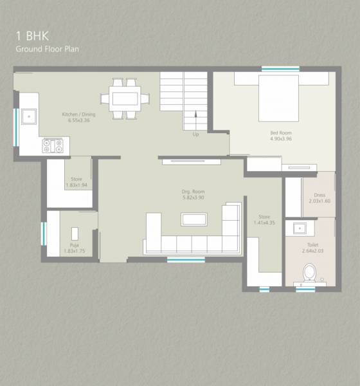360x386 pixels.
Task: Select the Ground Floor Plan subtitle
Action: click(x=47, y=49)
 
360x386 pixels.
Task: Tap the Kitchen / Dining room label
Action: click(x=78, y=115)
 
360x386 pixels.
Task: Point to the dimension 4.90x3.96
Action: click(x=281, y=138)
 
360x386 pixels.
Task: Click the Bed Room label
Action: click(x=281, y=133)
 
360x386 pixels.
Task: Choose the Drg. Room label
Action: click(x=193, y=192)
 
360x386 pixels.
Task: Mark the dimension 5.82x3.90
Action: click(x=193, y=198)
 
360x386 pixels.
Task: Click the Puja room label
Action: click(x=74, y=244)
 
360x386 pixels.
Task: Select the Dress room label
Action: click(x=319, y=195)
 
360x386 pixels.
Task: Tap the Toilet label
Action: click(x=312, y=245)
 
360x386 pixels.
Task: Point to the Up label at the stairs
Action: click(x=195, y=134)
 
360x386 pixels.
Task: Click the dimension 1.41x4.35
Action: click(x=264, y=223)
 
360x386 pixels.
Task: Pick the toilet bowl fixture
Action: click(x=309, y=272)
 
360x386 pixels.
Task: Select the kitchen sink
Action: click(x=28, y=116)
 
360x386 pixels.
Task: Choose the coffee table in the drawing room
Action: click(x=194, y=219)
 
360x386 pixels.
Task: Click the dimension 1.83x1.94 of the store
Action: click(x=76, y=185)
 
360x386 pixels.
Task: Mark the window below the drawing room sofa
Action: click(x=186, y=260)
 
